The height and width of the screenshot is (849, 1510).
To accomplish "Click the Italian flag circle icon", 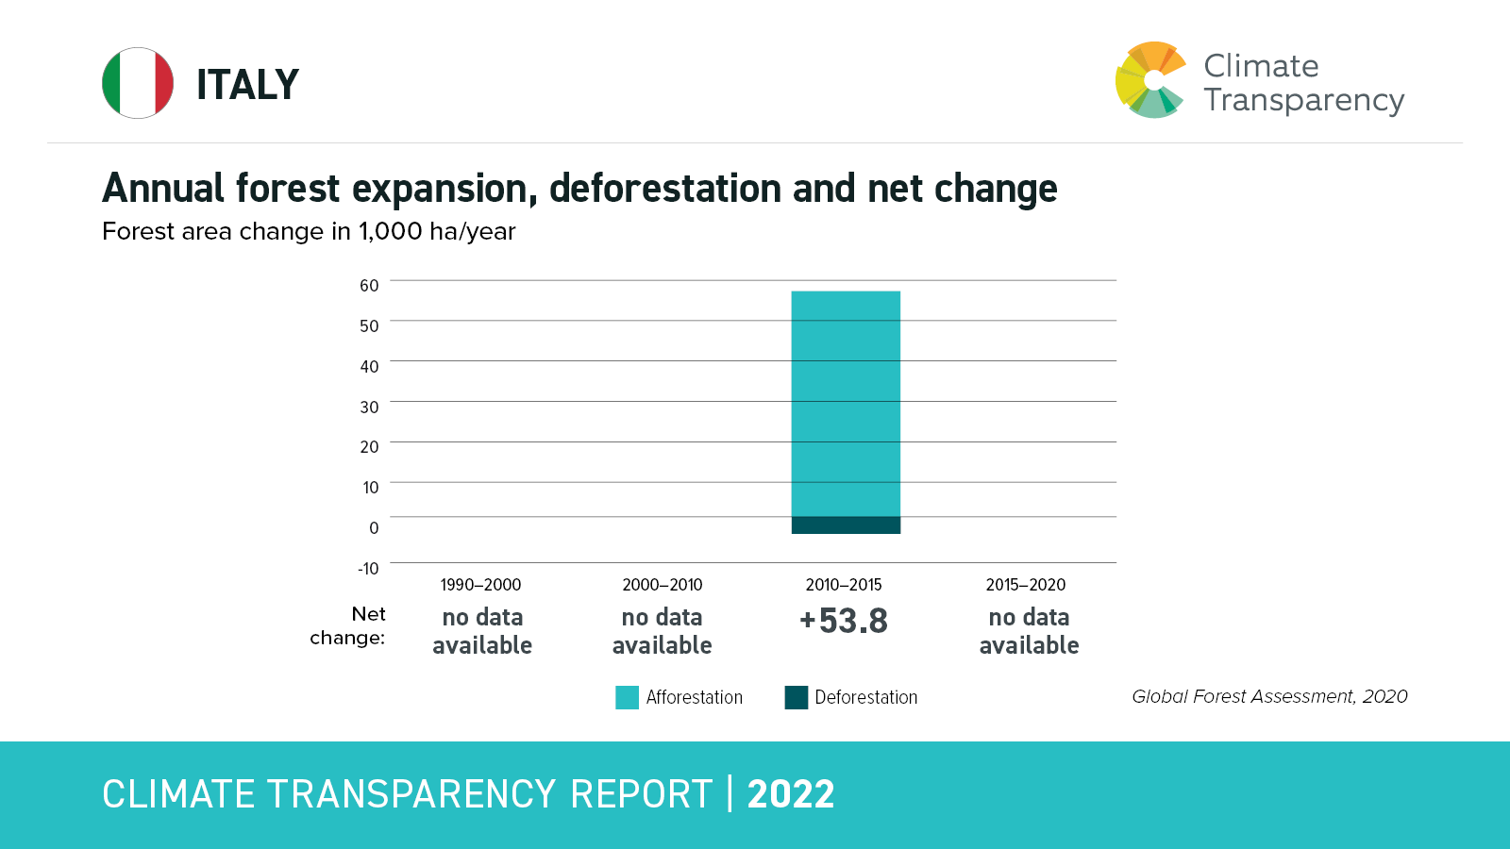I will pyautogui.click(x=138, y=83).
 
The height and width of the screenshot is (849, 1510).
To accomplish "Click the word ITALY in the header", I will pyautogui.click(x=247, y=85).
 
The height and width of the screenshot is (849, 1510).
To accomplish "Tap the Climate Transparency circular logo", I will pyautogui.click(x=1150, y=80).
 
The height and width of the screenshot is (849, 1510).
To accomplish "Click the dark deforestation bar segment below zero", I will pyautogui.click(x=846, y=525).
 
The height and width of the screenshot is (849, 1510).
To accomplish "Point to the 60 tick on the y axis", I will pyautogui.click(x=369, y=286).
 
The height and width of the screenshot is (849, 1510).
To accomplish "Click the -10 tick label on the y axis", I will pyautogui.click(x=368, y=569).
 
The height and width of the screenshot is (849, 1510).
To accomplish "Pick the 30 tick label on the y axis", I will pyautogui.click(x=369, y=408).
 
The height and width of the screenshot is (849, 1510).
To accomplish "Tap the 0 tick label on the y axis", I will pyautogui.click(x=374, y=528).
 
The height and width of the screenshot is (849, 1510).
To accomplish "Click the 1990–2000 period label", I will pyautogui.click(x=480, y=585).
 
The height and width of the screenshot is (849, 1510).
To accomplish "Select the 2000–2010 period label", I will pyautogui.click(x=663, y=585).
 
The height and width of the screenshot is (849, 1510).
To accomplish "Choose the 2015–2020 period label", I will pyautogui.click(x=1026, y=585).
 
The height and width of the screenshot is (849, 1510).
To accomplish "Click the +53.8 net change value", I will pyautogui.click(x=844, y=622).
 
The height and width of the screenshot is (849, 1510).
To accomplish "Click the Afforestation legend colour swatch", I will pyautogui.click(x=627, y=697).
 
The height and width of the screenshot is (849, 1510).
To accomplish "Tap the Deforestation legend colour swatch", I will pyautogui.click(x=797, y=697).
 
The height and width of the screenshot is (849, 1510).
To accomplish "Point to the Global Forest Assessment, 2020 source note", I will pyautogui.click(x=1269, y=696).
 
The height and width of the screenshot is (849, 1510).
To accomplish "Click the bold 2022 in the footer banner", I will pyautogui.click(x=791, y=794).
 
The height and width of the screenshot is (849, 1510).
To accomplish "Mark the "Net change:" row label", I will pyautogui.click(x=348, y=625).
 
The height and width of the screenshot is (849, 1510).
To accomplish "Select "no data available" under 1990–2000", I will pyautogui.click(x=482, y=631).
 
